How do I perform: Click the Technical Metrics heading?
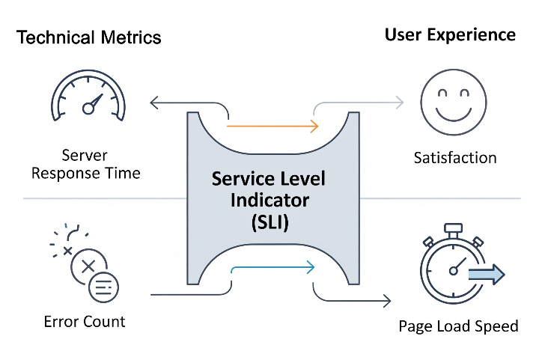(x=89, y=37)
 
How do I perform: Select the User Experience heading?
(x=450, y=35)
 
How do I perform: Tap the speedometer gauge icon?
(x=88, y=96)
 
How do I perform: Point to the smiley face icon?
(x=454, y=103)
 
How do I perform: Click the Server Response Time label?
(x=86, y=164)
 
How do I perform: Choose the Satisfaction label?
(x=455, y=158)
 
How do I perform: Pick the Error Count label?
(x=85, y=322)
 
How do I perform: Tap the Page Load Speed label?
(x=458, y=326)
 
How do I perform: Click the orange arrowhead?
(x=314, y=126)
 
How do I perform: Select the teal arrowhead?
(x=311, y=267)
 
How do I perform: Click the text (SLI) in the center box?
(x=270, y=222)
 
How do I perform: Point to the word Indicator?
(x=270, y=201)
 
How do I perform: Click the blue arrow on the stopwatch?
(x=487, y=275)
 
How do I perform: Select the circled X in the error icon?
(x=88, y=266)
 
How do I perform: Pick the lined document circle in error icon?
(x=104, y=287)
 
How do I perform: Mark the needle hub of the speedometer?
(x=88, y=109)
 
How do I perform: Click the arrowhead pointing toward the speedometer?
(x=153, y=103)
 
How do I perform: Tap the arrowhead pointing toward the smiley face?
(x=400, y=103)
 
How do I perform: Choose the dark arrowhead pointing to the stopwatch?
(x=387, y=301)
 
